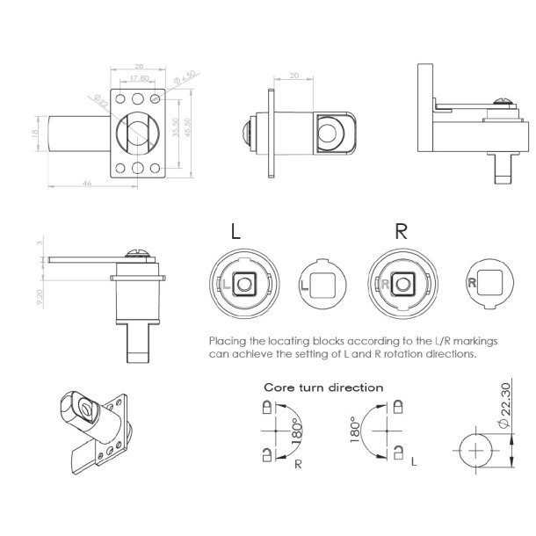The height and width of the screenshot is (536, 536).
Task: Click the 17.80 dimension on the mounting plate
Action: pyautogui.click(x=139, y=77)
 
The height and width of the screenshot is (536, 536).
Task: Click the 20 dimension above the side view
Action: pyautogui.click(x=293, y=76)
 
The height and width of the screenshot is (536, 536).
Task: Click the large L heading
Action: pyautogui.click(x=235, y=232)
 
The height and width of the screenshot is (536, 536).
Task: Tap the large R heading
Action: pyautogui.click(x=401, y=232)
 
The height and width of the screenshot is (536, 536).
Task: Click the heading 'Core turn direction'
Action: pyautogui.click(x=323, y=387)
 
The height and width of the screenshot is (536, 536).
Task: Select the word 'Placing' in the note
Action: pyautogui.click(x=227, y=339)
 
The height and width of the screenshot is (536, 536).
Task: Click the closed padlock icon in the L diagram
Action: pyautogui.click(x=396, y=409)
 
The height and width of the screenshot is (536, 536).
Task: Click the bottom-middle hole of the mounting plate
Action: pyautogui.click(x=139, y=166)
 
